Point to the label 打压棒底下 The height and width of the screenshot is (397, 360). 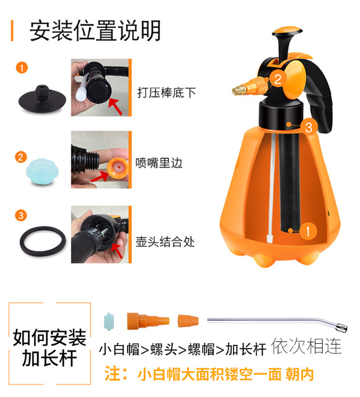[166, 93]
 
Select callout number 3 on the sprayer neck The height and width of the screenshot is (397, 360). [310, 127]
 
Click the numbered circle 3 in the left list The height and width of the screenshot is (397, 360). [22, 215]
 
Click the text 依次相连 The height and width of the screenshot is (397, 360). [306, 346]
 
